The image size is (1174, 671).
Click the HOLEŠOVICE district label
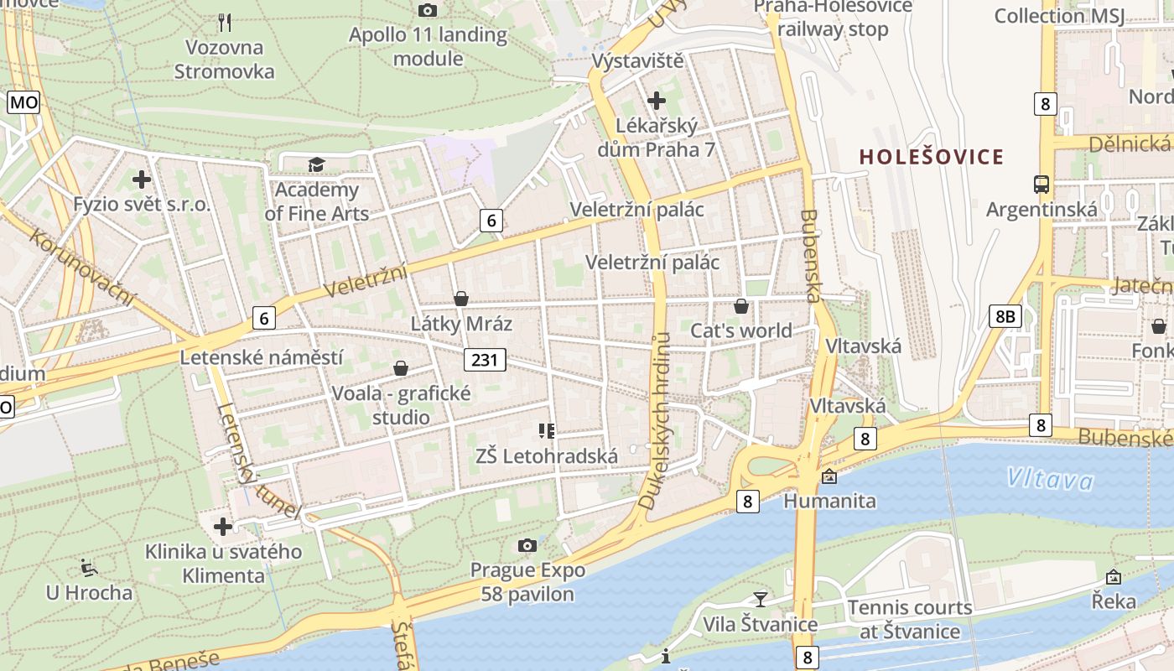(x=931, y=157)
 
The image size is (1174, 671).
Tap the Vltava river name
(x=1050, y=479)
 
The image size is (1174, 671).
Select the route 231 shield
(x=485, y=361)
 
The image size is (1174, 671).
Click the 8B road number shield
(x=1005, y=315)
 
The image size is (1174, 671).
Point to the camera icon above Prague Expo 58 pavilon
(x=527, y=546)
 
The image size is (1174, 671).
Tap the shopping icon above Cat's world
(x=740, y=306)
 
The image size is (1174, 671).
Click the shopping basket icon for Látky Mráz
(x=460, y=299)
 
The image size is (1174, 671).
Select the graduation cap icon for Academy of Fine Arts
(x=316, y=164)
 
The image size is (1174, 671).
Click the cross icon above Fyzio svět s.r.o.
(x=141, y=179)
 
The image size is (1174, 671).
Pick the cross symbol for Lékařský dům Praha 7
(x=656, y=101)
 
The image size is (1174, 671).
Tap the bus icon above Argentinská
(x=1041, y=185)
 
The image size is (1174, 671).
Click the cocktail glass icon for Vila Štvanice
(x=760, y=599)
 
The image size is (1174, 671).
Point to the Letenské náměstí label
(x=262, y=357)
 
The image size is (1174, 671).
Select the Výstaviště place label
(x=637, y=61)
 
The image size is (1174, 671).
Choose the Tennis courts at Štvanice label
(x=909, y=619)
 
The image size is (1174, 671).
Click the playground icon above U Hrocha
(x=88, y=568)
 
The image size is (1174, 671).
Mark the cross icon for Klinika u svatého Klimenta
(x=222, y=527)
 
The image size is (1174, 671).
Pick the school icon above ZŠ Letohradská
(x=547, y=431)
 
